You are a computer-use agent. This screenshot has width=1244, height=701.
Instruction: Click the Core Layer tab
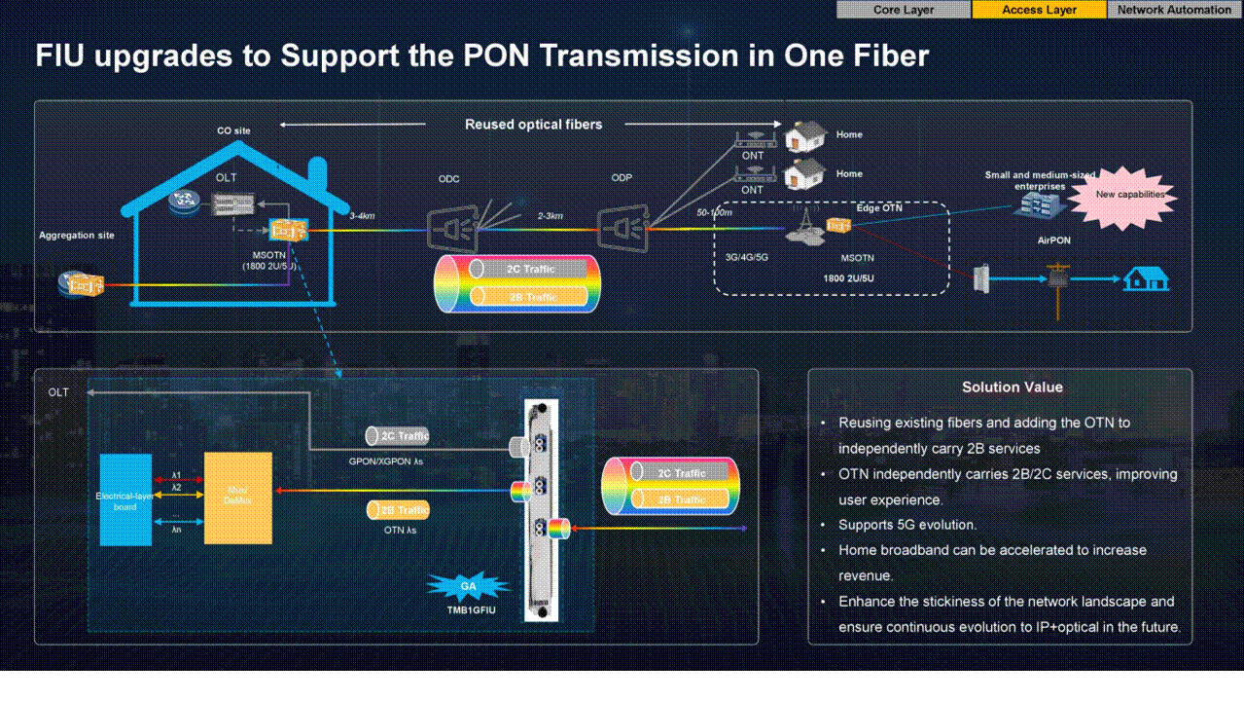[x=904, y=10]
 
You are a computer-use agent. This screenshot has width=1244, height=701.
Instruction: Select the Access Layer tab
[x=1039, y=10]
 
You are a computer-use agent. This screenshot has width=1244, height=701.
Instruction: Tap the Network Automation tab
[x=1174, y=10]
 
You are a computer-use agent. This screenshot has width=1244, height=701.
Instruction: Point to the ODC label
[x=448, y=178]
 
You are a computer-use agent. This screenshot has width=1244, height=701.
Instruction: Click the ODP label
[x=622, y=178]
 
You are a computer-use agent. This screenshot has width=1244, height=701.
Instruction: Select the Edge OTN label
[x=879, y=207]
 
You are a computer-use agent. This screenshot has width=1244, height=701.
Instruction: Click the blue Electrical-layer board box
[x=126, y=499]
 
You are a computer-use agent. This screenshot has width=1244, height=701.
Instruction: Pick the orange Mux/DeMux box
[x=238, y=498]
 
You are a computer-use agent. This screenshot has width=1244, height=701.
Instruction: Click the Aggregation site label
[x=77, y=236]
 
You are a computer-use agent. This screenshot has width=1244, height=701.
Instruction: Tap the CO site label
[x=233, y=130]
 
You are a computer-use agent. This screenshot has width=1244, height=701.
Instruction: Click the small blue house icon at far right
[x=1146, y=279]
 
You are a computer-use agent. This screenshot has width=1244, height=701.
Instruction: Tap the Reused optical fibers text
[x=533, y=125]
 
